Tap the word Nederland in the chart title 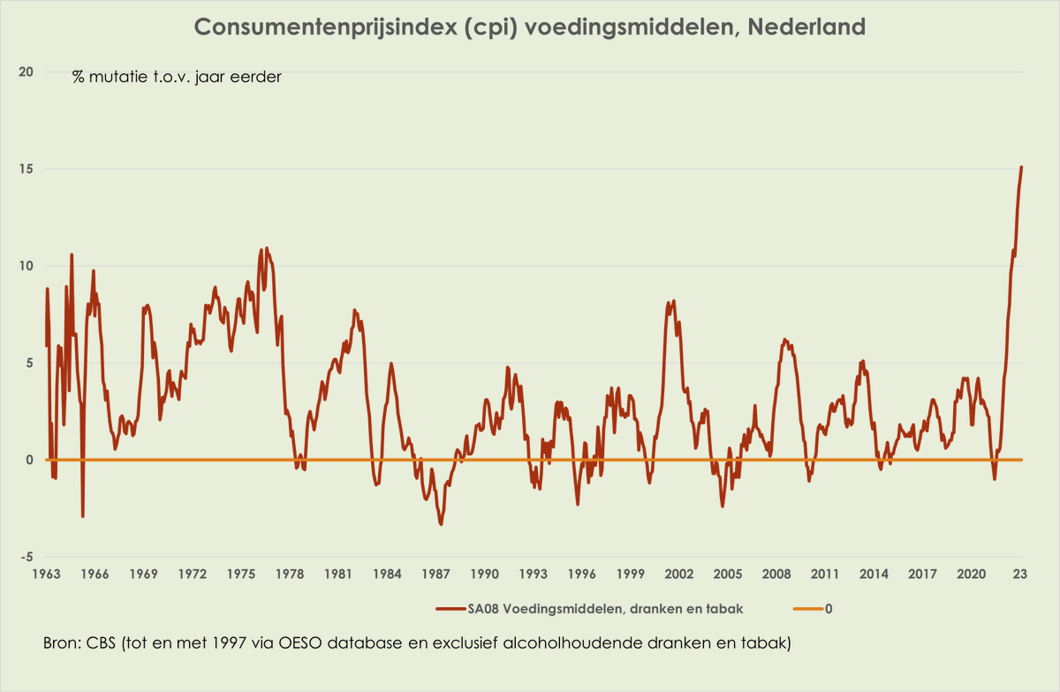click(806, 27)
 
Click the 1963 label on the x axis click(46, 574)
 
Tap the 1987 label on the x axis click(436, 574)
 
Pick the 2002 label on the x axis click(679, 574)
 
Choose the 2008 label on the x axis click(776, 574)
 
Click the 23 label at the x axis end click(1019, 574)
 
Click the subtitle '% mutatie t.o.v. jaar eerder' click(177, 77)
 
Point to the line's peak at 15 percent click(1021, 167)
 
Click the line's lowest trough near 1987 click(441, 524)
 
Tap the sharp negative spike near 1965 click(83, 515)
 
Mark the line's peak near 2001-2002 click(673, 301)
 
